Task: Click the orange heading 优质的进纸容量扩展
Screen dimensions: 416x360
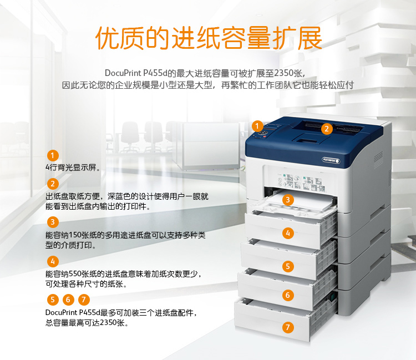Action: (x=209, y=38)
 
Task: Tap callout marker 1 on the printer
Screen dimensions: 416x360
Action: (x=257, y=126)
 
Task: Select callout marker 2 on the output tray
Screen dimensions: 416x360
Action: (x=327, y=129)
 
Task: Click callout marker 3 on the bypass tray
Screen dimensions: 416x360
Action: (x=288, y=200)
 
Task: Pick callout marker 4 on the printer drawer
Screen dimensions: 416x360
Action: (x=288, y=233)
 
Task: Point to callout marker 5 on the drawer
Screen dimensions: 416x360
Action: (x=288, y=266)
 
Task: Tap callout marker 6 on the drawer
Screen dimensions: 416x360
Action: (x=288, y=295)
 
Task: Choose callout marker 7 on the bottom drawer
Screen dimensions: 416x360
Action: (x=288, y=327)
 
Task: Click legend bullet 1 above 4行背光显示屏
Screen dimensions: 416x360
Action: (x=53, y=155)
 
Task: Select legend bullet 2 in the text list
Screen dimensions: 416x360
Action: (x=53, y=184)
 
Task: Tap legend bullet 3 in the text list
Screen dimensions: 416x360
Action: (x=53, y=222)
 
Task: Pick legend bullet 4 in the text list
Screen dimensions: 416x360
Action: (x=53, y=261)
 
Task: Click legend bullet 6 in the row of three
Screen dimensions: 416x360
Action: (x=68, y=300)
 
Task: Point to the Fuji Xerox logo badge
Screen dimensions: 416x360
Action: (x=331, y=160)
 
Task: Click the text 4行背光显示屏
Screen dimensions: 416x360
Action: (x=73, y=168)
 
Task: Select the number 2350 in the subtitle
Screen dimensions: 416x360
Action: (x=285, y=73)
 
